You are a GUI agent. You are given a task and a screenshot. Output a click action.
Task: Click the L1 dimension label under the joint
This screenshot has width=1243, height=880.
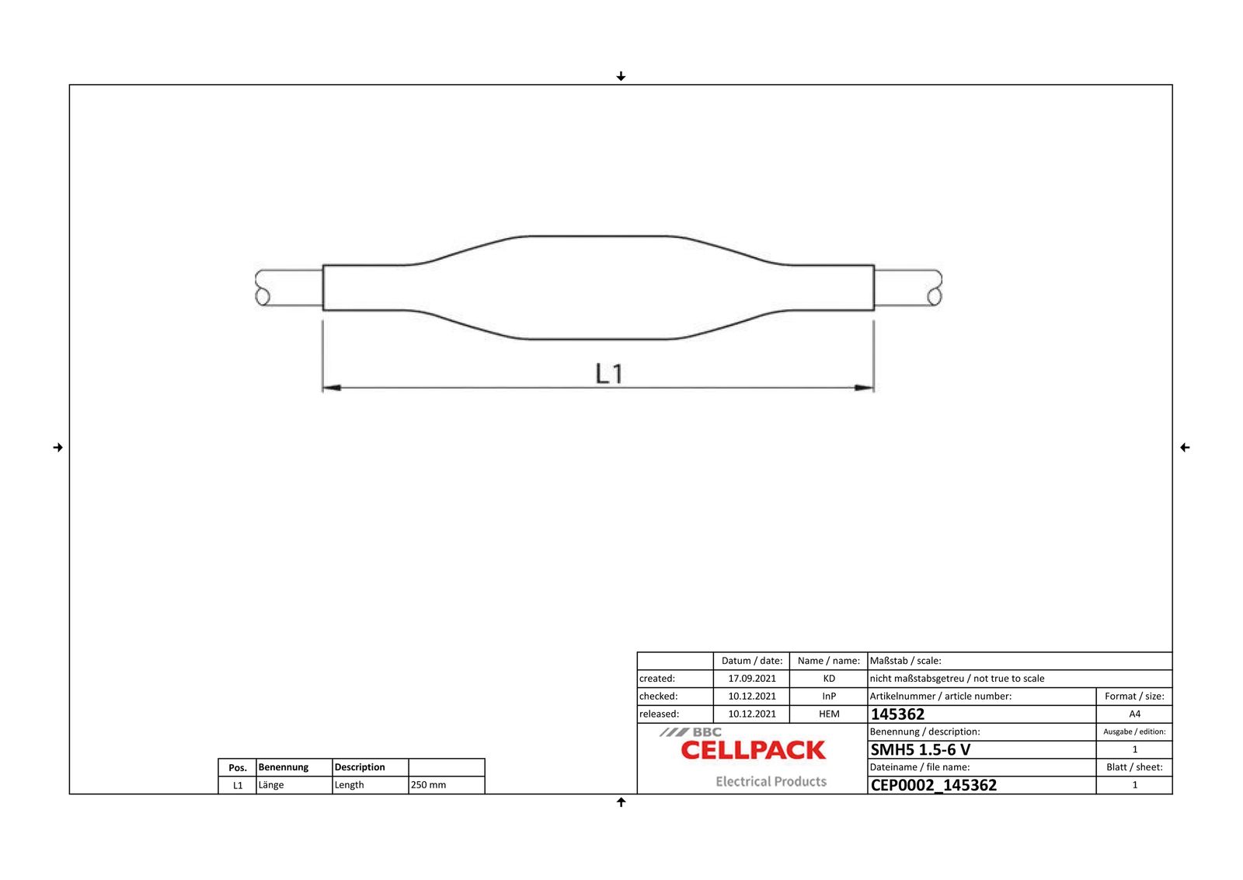[609, 374]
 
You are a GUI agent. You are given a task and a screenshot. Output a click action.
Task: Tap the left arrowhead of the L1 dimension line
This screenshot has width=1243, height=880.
[332, 387]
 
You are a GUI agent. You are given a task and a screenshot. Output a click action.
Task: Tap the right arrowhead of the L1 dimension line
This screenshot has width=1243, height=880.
[864, 387]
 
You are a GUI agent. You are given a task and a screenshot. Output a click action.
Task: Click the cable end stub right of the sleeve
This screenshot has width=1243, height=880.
[907, 288]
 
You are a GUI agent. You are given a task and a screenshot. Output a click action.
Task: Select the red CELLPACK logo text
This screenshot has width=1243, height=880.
[753, 750]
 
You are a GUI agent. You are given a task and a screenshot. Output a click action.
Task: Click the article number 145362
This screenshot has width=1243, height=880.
[897, 714]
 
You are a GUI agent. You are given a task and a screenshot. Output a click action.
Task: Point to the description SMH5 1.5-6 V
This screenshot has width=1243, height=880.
[920, 750]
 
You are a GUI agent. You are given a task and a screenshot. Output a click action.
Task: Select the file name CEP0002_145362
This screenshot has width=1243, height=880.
[933, 785]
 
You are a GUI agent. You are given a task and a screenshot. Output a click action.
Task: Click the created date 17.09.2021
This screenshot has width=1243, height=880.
[751, 679]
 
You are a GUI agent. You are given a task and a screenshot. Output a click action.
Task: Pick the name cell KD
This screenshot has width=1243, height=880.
[829, 679]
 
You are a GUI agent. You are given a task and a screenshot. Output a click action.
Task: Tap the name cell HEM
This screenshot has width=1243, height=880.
[829, 714]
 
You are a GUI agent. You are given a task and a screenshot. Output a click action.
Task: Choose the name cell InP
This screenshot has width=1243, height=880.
[829, 697]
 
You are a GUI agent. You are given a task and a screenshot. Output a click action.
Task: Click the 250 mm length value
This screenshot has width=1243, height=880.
[428, 785]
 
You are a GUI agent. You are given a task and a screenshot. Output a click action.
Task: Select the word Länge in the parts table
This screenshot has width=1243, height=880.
[271, 785]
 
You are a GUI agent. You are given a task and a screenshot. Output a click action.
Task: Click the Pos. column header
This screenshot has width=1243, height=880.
[238, 768]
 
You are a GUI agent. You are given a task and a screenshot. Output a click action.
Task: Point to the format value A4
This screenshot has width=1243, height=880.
[1134, 714]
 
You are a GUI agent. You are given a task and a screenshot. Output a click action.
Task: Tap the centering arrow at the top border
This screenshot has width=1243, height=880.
[621, 76]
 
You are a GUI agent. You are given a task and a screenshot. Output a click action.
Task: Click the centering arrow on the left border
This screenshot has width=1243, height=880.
[57, 448]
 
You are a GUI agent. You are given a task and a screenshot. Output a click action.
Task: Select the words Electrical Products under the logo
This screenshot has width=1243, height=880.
[771, 782]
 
